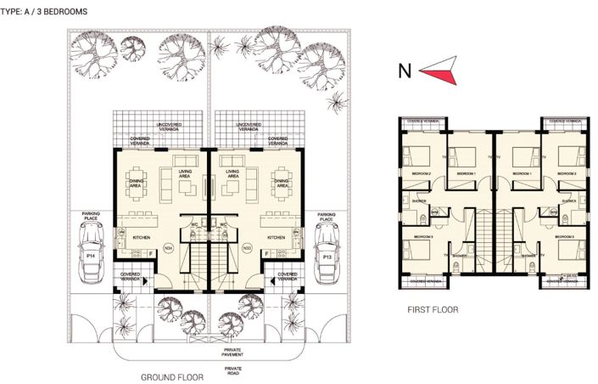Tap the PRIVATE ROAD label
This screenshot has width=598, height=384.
(x=232, y=371)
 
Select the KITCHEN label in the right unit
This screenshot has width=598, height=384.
(x=276, y=238)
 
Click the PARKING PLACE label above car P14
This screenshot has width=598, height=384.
(x=91, y=216)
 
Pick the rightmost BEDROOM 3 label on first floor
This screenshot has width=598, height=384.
(x=567, y=236)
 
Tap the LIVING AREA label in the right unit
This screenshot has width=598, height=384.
(x=231, y=174)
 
